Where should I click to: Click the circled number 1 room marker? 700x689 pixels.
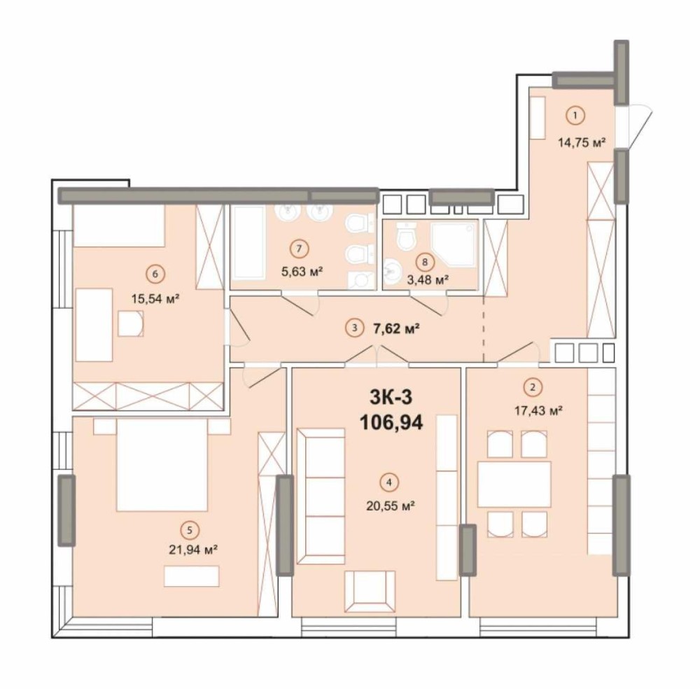pyautogui.click(x=575, y=116)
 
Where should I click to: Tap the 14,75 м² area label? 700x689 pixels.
pyautogui.click(x=581, y=142)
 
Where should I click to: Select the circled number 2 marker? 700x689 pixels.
pyautogui.click(x=532, y=387)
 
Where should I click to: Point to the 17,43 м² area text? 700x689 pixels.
pyautogui.click(x=538, y=410)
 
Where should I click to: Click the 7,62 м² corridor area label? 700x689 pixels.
pyautogui.click(x=395, y=328)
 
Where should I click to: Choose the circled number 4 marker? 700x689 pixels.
pyautogui.click(x=390, y=482)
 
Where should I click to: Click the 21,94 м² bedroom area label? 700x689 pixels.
pyautogui.click(x=193, y=549)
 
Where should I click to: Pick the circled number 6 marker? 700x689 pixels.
pyautogui.click(x=155, y=274)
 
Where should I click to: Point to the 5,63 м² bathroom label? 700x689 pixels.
pyautogui.click(x=302, y=271)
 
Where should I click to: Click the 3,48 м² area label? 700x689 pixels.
pyautogui.click(x=427, y=280)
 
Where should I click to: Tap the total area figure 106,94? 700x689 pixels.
pyautogui.click(x=391, y=422)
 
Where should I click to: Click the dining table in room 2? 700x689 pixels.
pyautogui.click(x=514, y=485)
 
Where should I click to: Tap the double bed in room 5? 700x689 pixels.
pyautogui.click(x=162, y=464)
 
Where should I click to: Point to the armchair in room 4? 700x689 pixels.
pyautogui.click(x=369, y=592)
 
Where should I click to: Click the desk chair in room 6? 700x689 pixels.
pyautogui.click(x=131, y=323)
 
